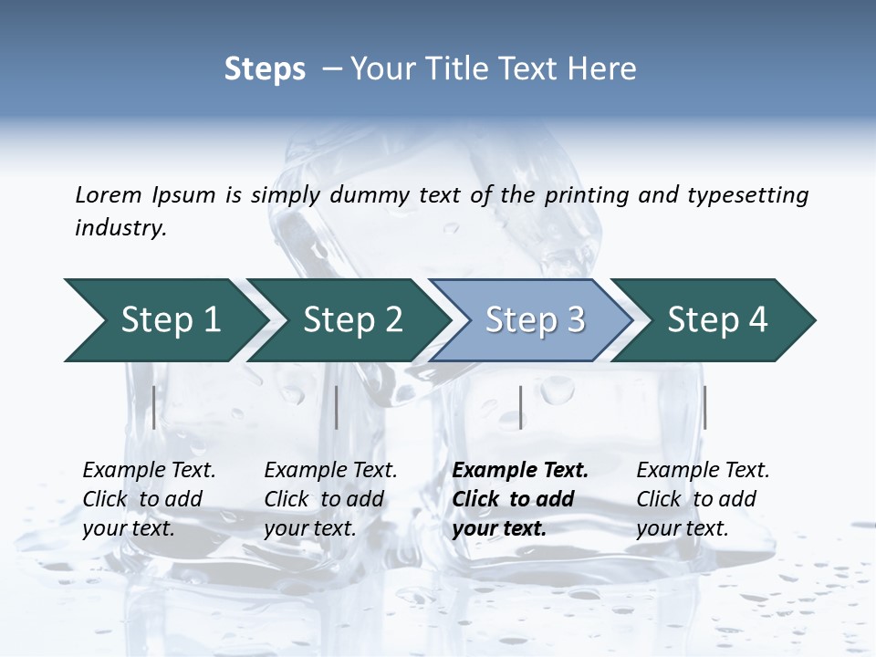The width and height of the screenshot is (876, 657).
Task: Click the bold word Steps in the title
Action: (x=265, y=68)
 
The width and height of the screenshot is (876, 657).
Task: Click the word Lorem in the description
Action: (x=108, y=194)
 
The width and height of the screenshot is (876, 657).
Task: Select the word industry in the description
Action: (x=120, y=228)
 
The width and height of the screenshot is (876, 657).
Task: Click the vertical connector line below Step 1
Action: (x=153, y=407)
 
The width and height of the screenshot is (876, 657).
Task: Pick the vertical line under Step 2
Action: (x=337, y=407)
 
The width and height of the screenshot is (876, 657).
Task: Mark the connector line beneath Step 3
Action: (x=520, y=407)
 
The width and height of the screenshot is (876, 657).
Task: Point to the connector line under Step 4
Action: (x=704, y=407)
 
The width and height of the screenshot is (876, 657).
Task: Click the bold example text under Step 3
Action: (x=520, y=499)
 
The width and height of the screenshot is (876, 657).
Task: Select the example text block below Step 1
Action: (x=149, y=499)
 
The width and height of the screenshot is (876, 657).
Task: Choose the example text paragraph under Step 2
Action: (x=330, y=499)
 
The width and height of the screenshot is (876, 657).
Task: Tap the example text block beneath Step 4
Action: (x=703, y=499)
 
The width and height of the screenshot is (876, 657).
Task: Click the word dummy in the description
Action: (x=371, y=194)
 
